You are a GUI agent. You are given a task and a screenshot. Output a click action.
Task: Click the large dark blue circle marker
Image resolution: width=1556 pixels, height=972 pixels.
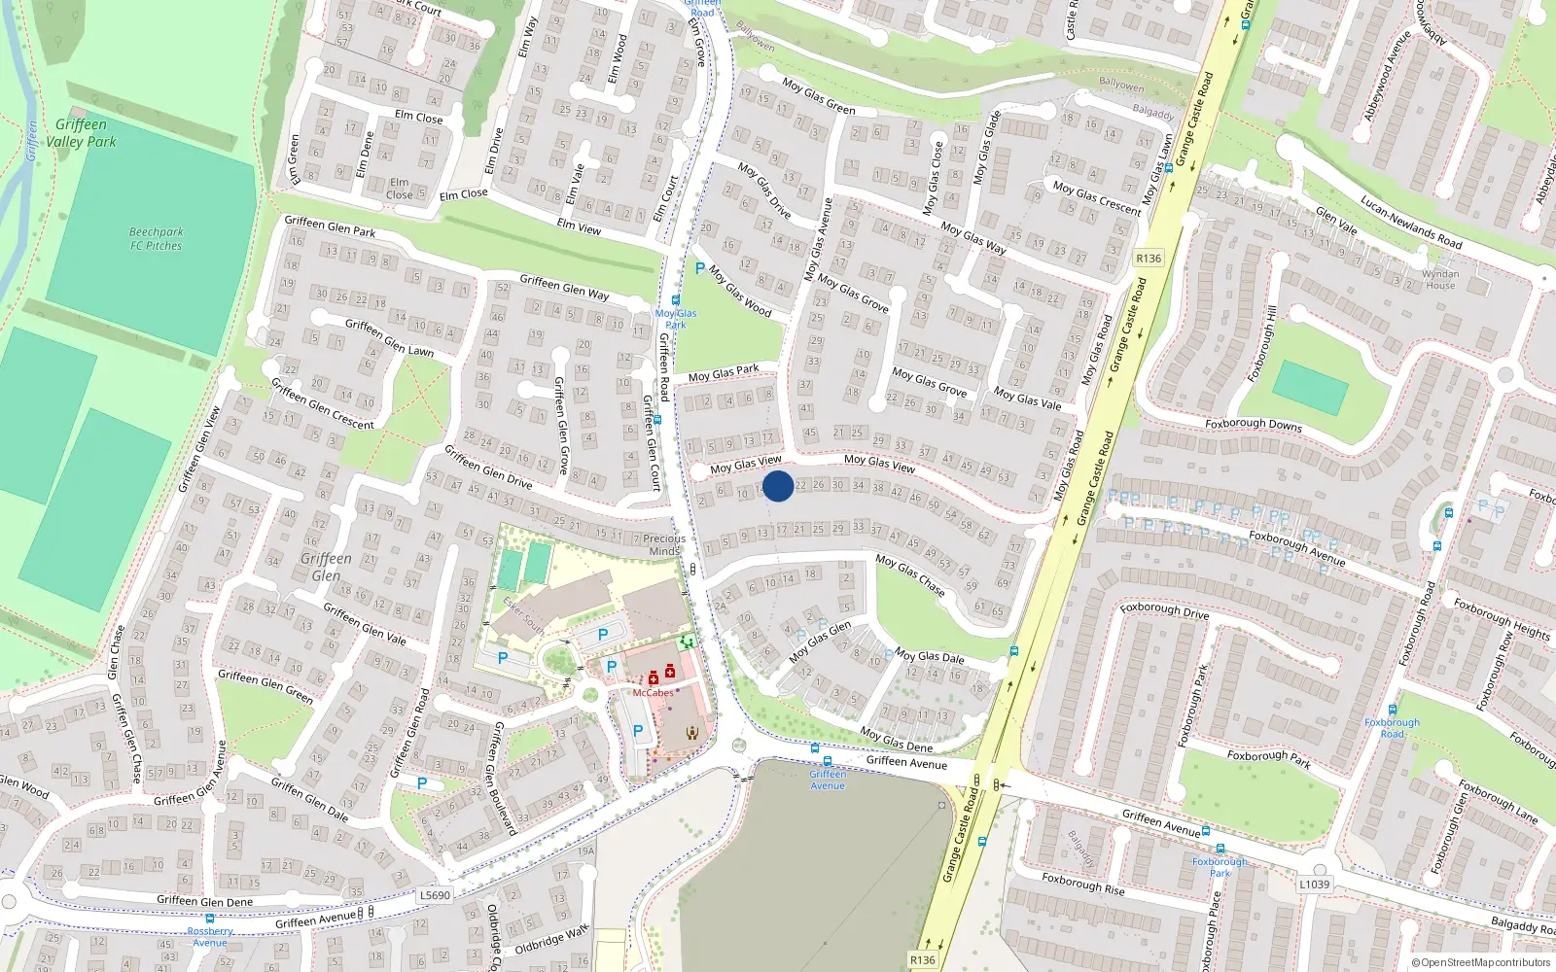[x=778, y=486]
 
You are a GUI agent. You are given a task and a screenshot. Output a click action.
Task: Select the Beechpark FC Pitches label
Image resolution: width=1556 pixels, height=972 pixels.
[x=157, y=239]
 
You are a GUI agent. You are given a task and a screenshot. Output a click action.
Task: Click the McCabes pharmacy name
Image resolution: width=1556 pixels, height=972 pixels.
[x=653, y=693]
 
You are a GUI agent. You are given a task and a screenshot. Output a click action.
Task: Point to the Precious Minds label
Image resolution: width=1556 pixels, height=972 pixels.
[x=664, y=544]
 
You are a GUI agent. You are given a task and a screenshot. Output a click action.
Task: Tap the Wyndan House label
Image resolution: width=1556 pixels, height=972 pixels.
[x=1440, y=280]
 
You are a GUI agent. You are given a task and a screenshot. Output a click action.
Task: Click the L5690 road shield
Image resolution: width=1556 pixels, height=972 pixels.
[x=435, y=894]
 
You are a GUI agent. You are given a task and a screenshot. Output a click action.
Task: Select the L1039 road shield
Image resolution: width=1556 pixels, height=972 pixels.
[x=1314, y=884]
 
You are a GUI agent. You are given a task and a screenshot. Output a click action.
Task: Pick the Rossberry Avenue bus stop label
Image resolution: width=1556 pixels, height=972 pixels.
[x=210, y=937]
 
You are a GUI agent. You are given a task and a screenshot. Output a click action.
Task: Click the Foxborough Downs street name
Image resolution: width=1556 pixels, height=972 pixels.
[x=1254, y=424]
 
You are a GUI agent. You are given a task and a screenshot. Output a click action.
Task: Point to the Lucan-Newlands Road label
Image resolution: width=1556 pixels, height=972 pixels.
[x=1411, y=223]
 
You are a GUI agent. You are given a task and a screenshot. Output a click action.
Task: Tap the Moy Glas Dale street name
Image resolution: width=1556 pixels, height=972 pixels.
[x=929, y=656]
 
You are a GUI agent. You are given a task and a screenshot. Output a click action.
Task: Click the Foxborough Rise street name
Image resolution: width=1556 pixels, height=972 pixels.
[x=1082, y=883]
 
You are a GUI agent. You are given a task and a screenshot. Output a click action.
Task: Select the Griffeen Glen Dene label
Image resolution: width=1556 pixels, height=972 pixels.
[x=204, y=901]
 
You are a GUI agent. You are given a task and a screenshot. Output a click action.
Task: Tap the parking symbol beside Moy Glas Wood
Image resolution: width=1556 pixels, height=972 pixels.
[x=699, y=268]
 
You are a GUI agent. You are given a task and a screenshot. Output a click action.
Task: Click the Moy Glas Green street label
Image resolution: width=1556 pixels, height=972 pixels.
[x=819, y=97]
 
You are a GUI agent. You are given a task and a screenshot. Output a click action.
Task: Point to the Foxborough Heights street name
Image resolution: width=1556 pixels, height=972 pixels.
[x=1502, y=618]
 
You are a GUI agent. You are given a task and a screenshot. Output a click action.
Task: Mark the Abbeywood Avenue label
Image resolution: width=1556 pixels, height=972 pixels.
[x=1386, y=76]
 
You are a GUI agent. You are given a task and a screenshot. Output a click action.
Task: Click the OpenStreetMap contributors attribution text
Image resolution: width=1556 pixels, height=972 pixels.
[x=1481, y=962]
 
